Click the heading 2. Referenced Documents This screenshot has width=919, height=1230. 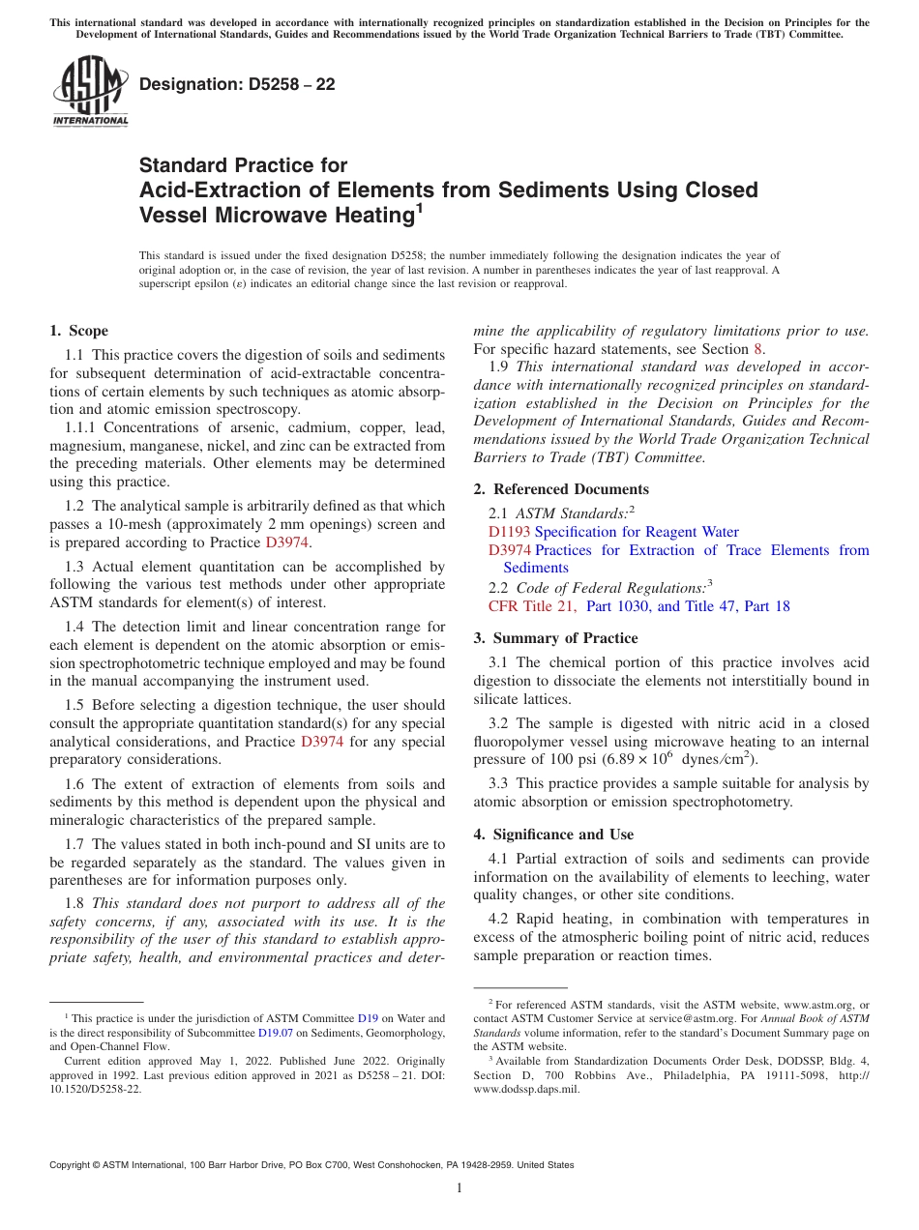pos(561,489)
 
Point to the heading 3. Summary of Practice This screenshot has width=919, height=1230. pos(555,638)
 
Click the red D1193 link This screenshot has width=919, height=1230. pos(509,532)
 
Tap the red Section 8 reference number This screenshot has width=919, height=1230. pos(757,349)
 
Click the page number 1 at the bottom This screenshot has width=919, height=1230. pos(459,1188)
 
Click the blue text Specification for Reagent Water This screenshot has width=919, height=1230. pos(636,532)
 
